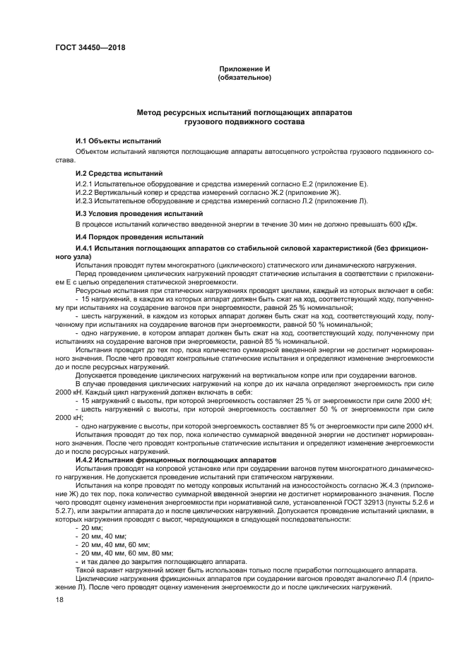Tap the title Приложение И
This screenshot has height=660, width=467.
[x=244, y=68]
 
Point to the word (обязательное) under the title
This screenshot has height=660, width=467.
[x=244, y=77]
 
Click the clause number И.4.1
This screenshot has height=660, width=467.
[x=88, y=249]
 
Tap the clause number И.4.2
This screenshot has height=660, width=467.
[x=88, y=460]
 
